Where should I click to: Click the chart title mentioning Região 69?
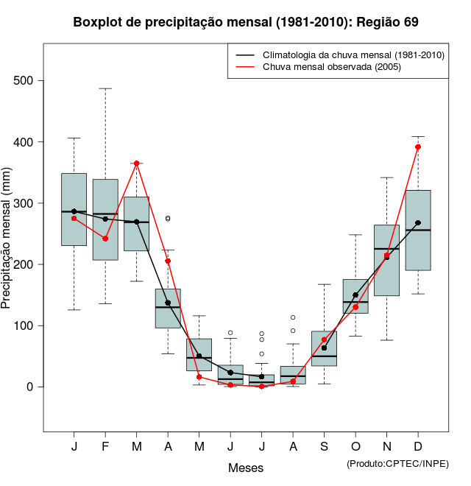(x=246, y=22)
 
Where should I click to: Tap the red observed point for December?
(x=418, y=147)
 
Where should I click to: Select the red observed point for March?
(x=137, y=163)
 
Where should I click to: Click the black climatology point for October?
(x=355, y=295)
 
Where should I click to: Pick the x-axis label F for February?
(x=105, y=447)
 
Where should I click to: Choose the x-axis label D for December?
(x=418, y=447)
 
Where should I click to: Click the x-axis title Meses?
(x=246, y=468)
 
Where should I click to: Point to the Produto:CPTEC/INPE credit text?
(x=397, y=463)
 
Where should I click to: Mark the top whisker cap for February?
(x=105, y=88)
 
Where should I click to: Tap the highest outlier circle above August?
(x=293, y=317)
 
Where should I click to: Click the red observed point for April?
(x=168, y=261)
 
